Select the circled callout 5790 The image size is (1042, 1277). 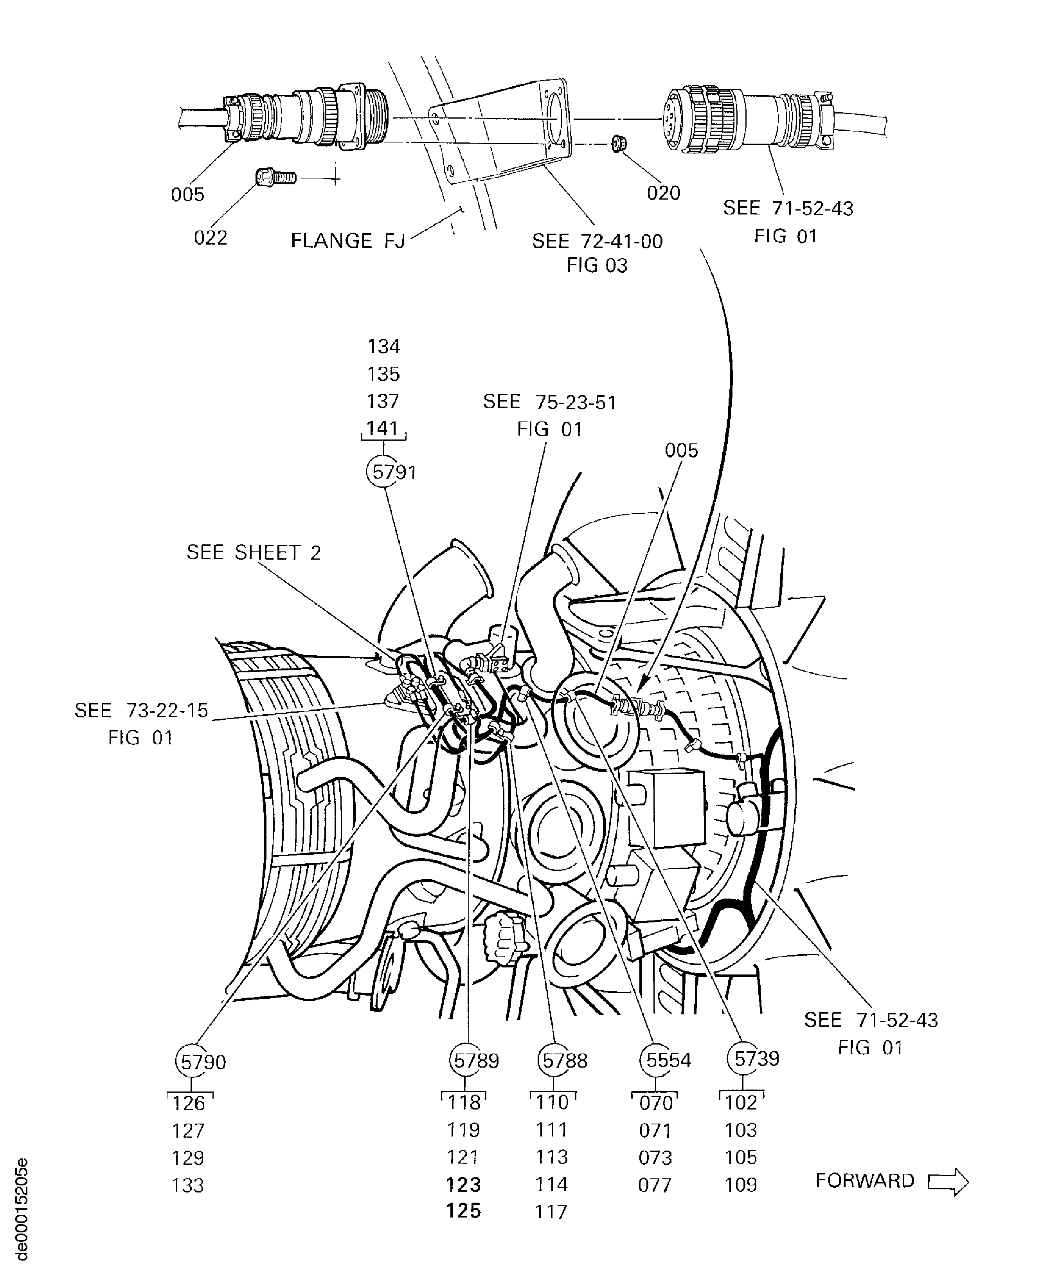(192, 1061)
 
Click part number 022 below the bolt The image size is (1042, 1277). (210, 238)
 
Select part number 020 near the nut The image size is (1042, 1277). (663, 193)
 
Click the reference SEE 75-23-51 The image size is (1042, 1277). (549, 402)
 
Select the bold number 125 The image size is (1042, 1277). (463, 1211)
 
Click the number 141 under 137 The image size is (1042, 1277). (383, 428)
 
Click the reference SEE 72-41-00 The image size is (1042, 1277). (597, 241)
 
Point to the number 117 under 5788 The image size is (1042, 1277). (551, 1212)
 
